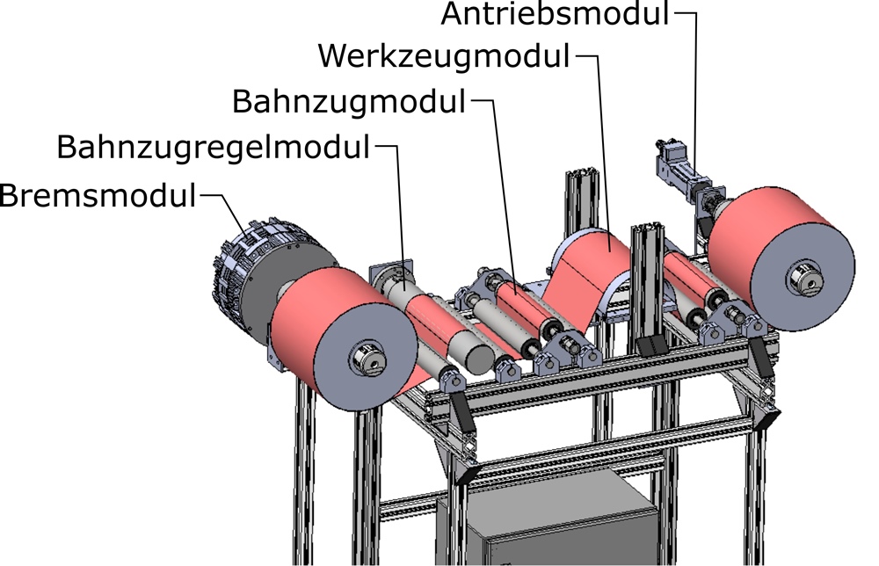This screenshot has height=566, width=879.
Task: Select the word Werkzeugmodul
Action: [x=444, y=56]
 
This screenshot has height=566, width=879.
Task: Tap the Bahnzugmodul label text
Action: [x=349, y=103]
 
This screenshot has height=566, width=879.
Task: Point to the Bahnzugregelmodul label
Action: [x=213, y=148]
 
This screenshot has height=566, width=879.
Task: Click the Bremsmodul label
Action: [x=98, y=196]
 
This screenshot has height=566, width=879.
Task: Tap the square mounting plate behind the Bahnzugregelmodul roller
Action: [x=391, y=274]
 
